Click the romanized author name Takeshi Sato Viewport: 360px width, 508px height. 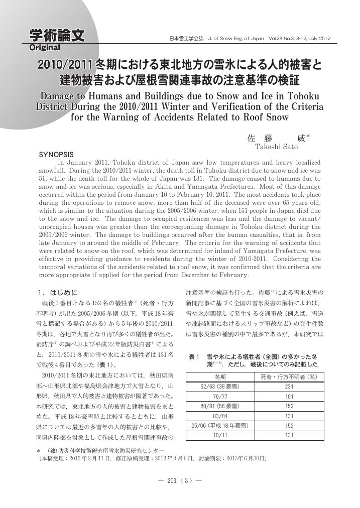click(276, 147)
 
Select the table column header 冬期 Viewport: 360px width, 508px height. click(220, 377)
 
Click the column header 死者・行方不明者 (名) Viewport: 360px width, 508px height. click(289, 377)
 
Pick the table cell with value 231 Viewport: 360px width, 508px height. click(289, 387)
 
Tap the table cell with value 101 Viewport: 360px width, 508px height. click(289, 396)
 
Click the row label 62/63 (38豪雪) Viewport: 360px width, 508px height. click(220, 387)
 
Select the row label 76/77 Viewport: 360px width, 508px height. click(220, 396)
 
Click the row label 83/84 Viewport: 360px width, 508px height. click(220, 416)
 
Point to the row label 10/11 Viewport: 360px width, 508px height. click(220, 435)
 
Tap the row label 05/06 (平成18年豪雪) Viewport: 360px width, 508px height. click(220, 426)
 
